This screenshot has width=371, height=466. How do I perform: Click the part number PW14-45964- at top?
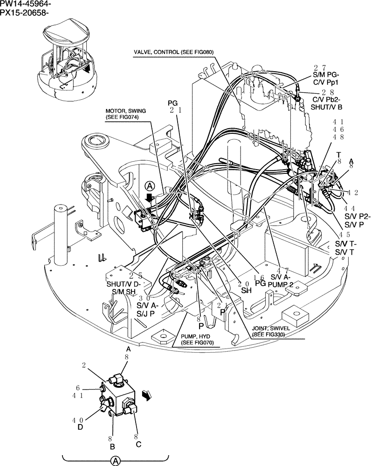pyautogui.click(x=26, y=4)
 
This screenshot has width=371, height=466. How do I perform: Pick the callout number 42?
pyautogui.click(x=353, y=192)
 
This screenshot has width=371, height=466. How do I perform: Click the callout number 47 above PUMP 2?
pyautogui.click(x=282, y=270)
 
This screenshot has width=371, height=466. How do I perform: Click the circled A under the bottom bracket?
pyautogui.click(x=115, y=461)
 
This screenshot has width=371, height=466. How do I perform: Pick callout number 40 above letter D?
pyautogui.click(x=78, y=419)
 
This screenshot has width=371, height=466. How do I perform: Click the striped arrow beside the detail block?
pyautogui.click(x=147, y=396)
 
